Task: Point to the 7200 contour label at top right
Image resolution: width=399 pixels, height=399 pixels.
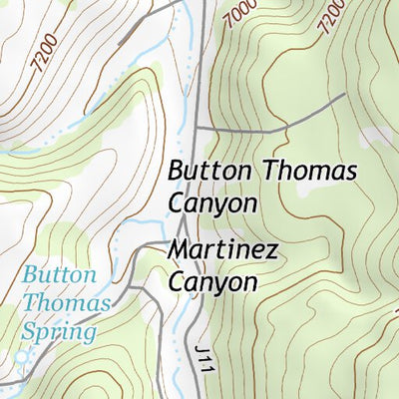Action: [332, 16]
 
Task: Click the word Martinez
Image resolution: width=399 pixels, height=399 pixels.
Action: [223, 250]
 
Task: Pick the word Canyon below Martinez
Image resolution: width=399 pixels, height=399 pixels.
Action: [212, 282]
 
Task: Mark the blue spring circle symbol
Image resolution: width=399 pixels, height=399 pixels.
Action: [22, 355]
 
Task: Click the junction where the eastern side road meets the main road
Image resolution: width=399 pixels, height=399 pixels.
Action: [197, 129]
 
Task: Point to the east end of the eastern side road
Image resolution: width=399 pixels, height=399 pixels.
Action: [344, 96]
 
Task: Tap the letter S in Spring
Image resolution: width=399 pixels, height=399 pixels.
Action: [31, 331]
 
